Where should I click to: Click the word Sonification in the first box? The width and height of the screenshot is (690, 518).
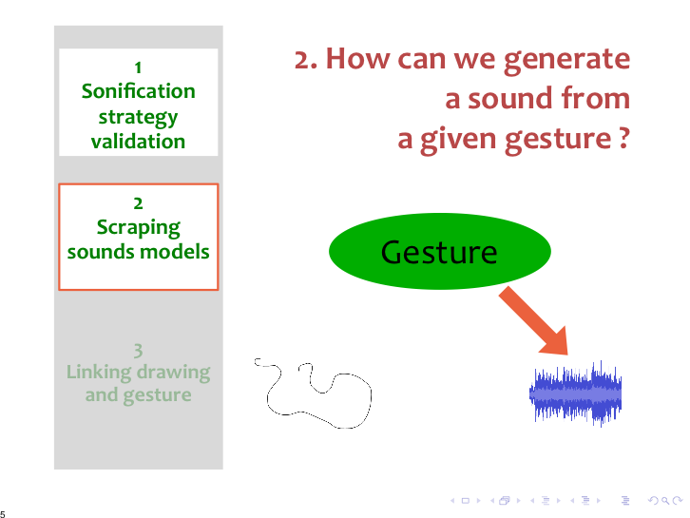click(x=138, y=91)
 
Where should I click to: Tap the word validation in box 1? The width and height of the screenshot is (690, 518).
click(x=138, y=142)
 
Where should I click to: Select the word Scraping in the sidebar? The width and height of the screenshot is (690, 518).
click(x=138, y=228)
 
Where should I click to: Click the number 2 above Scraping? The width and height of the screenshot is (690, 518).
click(x=138, y=203)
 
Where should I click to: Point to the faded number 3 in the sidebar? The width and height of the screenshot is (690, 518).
click(x=138, y=351)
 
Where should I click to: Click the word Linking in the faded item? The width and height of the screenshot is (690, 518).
click(x=99, y=373)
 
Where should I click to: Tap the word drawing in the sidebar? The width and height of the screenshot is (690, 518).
click(x=173, y=373)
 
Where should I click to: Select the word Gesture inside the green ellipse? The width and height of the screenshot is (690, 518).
click(x=439, y=252)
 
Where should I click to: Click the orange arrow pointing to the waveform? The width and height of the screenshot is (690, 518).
click(x=533, y=321)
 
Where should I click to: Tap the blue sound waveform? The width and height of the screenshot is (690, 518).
click(x=576, y=393)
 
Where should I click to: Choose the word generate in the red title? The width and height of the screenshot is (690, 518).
click(x=566, y=60)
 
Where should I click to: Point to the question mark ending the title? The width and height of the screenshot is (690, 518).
click(x=624, y=138)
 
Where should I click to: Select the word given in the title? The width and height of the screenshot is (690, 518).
click(x=459, y=140)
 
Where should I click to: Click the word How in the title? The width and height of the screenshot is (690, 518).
click(x=357, y=59)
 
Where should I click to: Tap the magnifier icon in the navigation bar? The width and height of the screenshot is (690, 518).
click(x=665, y=501)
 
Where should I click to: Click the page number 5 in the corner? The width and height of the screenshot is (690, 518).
click(x=3, y=513)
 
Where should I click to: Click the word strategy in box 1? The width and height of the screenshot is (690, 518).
click(x=138, y=118)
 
